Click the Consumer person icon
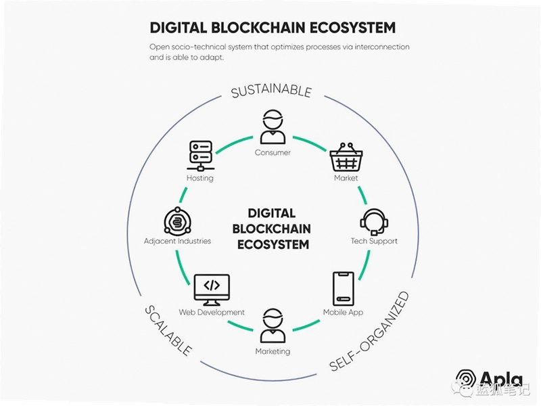point(273,127)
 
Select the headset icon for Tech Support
point(374,222)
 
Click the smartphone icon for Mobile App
point(344,289)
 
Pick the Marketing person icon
point(273,325)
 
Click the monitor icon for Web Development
point(212,290)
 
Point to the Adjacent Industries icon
point(177,221)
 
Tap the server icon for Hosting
point(200,156)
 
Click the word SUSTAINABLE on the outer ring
point(272,91)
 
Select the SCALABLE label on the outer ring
point(168,330)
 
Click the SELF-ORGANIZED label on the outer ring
point(369,332)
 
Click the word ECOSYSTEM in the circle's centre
point(273,244)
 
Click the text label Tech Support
point(374,241)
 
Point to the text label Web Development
point(212,312)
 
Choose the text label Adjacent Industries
point(177,241)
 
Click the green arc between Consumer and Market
point(310,143)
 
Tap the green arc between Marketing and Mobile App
point(307,326)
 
